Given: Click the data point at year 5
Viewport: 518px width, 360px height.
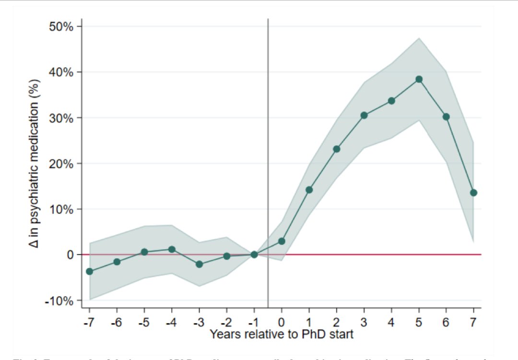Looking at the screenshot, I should pyautogui.click(x=419, y=79).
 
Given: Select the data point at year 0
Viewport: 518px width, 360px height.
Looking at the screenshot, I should pyautogui.click(x=282, y=241).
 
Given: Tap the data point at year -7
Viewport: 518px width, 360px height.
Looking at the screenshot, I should pyautogui.click(x=89, y=271).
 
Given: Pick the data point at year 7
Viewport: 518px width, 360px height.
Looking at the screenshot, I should pyautogui.click(x=473, y=192).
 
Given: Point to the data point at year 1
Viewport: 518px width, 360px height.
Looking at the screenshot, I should pyautogui.click(x=309, y=190).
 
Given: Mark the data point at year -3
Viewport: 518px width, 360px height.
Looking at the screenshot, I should pyautogui.click(x=199, y=264).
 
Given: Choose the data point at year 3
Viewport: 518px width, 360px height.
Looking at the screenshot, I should pyautogui.click(x=364, y=115).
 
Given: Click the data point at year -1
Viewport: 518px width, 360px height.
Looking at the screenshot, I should pyautogui.click(x=254, y=254).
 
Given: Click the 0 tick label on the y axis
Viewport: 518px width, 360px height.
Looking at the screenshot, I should pyautogui.click(x=70, y=255).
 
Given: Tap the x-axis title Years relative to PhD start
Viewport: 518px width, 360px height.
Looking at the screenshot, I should pyautogui.click(x=282, y=334).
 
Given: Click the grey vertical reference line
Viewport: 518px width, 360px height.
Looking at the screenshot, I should pyautogui.click(x=268, y=144).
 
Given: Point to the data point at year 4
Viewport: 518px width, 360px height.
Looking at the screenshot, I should pyautogui.click(x=391, y=101).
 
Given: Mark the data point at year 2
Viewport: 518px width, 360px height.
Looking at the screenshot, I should pyautogui.click(x=337, y=149).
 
